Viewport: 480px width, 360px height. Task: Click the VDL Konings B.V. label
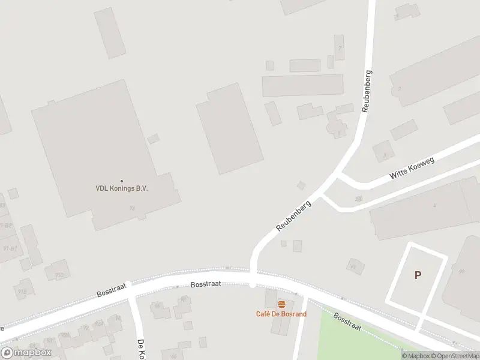click(x=122, y=188)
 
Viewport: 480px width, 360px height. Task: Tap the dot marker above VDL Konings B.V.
click(x=122, y=181)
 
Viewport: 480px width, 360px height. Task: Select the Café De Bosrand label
click(x=281, y=314)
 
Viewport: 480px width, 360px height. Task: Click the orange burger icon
click(x=281, y=305)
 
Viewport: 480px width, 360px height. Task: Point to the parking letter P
click(x=418, y=275)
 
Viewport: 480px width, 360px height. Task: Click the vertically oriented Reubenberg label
click(x=367, y=92)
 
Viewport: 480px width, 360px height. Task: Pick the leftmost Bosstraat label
click(x=112, y=290)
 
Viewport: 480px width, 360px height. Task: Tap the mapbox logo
click(x=26, y=353)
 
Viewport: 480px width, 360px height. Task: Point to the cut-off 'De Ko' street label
click(x=141, y=349)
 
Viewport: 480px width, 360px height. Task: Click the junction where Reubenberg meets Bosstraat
click(x=253, y=278)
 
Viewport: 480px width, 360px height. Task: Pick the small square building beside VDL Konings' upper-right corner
click(x=154, y=139)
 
